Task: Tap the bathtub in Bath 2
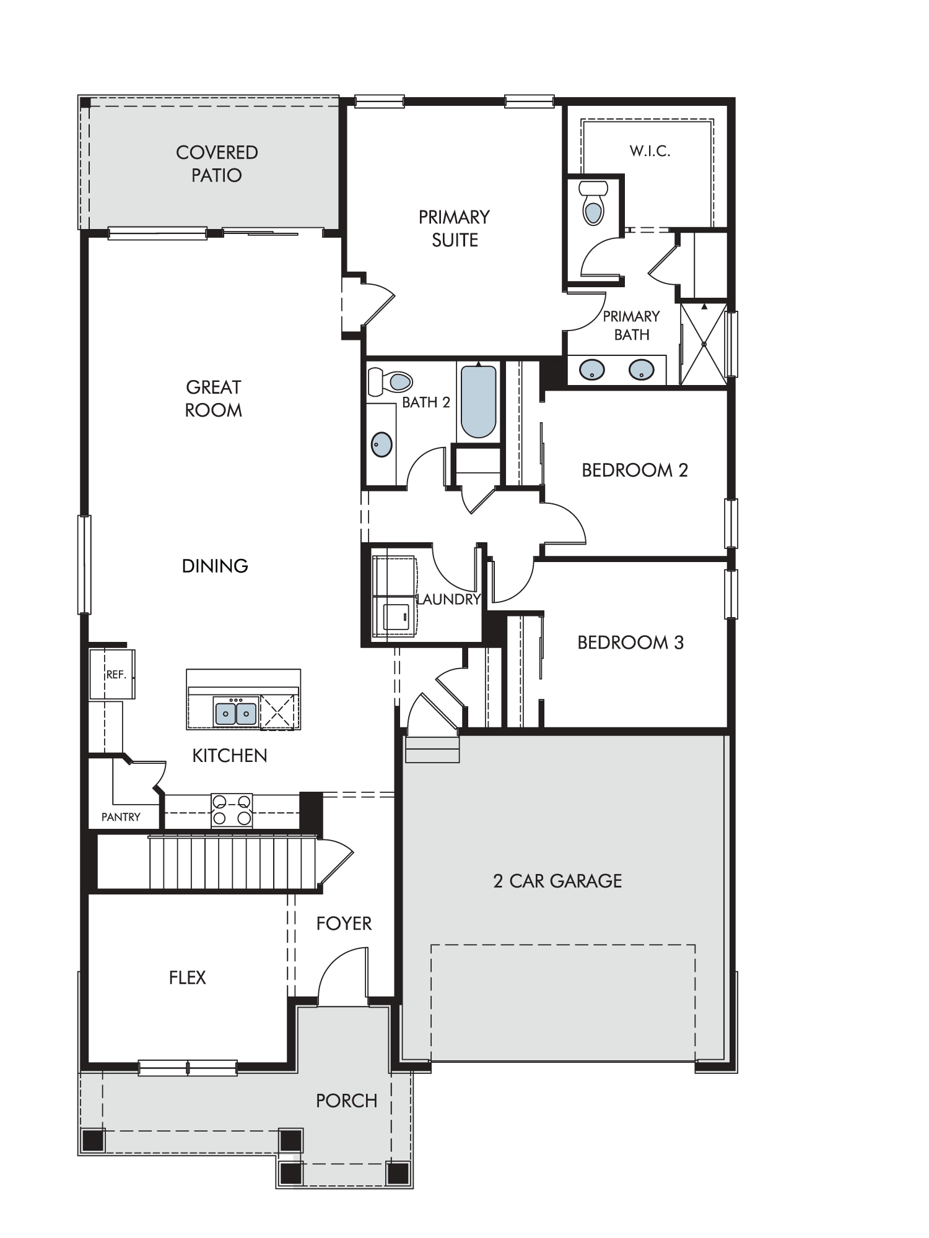(x=478, y=402)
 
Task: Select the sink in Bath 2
(x=382, y=444)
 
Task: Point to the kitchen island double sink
(x=235, y=713)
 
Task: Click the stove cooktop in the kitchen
(x=232, y=810)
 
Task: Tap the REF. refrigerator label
(x=116, y=675)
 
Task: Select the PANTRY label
(x=121, y=817)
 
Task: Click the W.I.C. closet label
(x=650, y=151)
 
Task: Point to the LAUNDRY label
(x=449, y=599)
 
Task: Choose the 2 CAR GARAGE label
(x=557, y=881)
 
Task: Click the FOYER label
(x=344, y=924)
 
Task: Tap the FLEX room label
(x=187, y=977)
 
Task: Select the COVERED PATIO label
(x=217, y=163)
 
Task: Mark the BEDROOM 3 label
(x=630, y=643)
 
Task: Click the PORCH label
(x=346, y=1101)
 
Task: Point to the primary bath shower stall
(x=704, y=344)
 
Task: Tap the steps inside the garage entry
(x=432, y=749)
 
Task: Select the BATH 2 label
(x=426, y=402)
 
